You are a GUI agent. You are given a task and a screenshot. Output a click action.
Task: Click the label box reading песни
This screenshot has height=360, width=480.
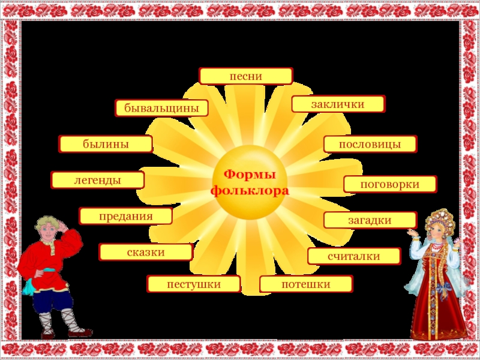click(x=246, y=76)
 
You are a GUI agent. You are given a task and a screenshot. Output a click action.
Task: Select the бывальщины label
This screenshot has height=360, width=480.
click(x=162, y=108)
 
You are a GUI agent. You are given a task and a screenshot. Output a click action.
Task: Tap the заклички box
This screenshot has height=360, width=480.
click(x=338, y=104)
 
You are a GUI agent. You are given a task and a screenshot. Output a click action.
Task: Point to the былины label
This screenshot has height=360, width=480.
click(x=106, y=144)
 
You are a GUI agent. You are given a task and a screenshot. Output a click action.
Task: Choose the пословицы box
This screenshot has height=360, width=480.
click(x=370, y=144)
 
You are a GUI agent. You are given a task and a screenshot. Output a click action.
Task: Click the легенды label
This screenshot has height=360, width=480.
click(x=98, y=180)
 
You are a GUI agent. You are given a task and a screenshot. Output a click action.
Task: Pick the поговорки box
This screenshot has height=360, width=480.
click(x=390, y=184)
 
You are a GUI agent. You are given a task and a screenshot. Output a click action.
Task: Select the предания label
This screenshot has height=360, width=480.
click(x=126, y=216)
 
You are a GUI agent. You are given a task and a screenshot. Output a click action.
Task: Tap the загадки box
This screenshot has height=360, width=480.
click(x=370, y=220)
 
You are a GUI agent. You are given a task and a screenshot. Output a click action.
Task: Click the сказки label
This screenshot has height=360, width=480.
click(x=146, y=252)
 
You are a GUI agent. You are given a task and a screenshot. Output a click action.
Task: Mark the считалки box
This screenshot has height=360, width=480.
click(x=354, y=256)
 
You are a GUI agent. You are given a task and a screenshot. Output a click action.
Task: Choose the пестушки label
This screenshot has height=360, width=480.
click(x=194, y=284)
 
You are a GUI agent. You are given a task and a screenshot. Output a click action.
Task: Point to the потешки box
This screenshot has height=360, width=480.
click(x=306, y=284)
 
